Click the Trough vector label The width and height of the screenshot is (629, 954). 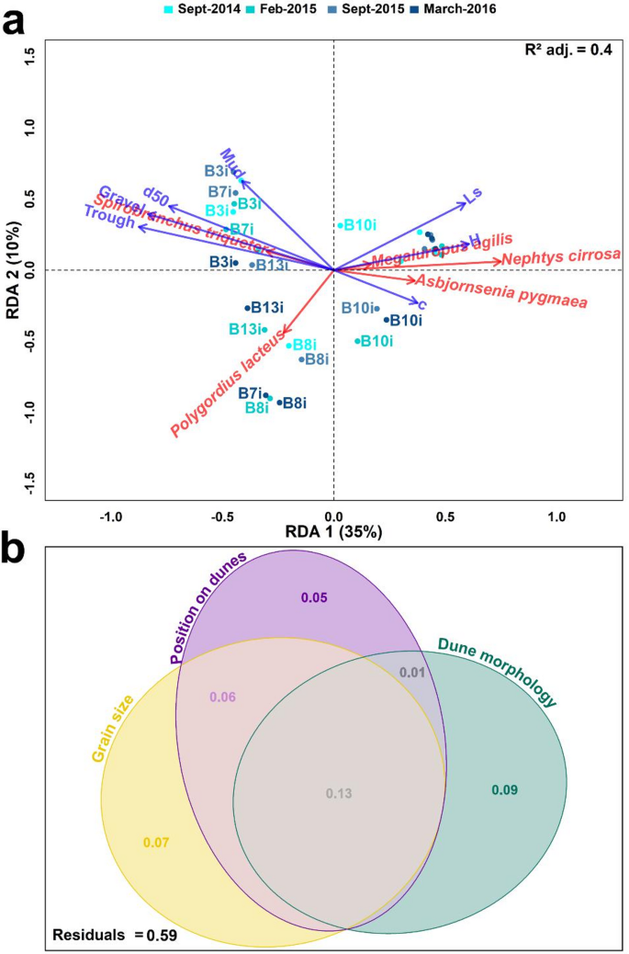(x=108, y=217)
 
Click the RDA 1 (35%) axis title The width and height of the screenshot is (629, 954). (x=332, y=532)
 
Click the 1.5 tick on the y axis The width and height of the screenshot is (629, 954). (x=29, y=62)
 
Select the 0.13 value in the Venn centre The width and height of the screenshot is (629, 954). (x=339, y=793)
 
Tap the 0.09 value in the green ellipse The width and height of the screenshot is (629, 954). (x=504, y=788)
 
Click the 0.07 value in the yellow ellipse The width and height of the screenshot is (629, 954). (x=156, y=841)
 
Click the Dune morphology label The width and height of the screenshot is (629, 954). (x=497, y=672)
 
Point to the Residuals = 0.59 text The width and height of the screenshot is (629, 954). (x=114, y=936)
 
